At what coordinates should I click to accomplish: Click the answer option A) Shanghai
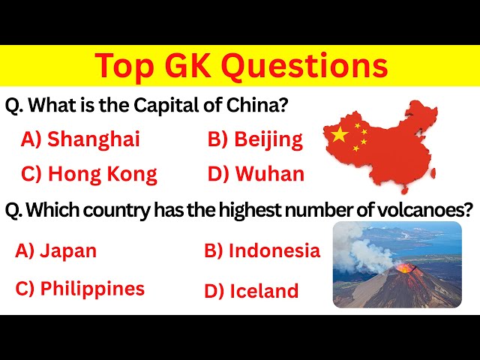tap(80, 139)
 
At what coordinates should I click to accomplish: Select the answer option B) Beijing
tap(255, 139)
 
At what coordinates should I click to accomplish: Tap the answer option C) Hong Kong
tap(89, 175)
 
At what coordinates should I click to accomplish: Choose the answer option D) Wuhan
tap(256, 175)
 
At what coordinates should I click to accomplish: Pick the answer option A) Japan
tap(56, 251)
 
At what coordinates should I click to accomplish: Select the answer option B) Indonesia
tap(262, 251)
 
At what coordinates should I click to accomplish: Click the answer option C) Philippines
tap(79, 289)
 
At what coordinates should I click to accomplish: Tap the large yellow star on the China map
tap(340, 135)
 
